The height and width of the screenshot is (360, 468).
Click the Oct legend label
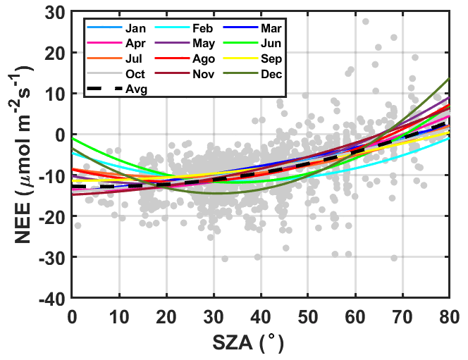(135, 74)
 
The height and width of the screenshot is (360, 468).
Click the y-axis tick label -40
(55, 299)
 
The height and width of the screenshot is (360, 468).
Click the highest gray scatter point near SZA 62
(365, 21)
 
